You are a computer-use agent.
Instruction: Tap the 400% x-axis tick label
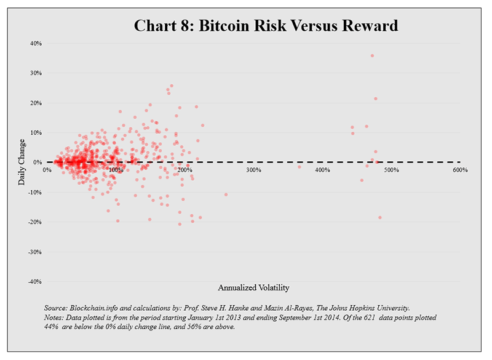[322, 170]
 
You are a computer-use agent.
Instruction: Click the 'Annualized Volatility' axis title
[253, 287]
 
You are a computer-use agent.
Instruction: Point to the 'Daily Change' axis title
[22, 162]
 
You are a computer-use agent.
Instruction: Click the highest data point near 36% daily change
[372, 56]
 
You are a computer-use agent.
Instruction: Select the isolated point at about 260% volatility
[226, 194]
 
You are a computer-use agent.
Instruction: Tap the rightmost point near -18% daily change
[379, 217]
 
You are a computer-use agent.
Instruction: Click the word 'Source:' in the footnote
[56, 308]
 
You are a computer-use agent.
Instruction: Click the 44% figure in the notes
[53, 327]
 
